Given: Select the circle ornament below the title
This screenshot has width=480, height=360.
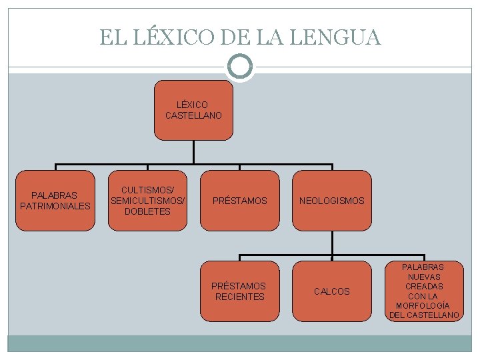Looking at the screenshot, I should coord(240,67).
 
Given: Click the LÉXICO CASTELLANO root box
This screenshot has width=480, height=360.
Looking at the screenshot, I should coord(193,110).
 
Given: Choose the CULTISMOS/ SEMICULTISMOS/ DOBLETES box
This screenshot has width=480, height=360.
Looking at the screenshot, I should coord(147,200).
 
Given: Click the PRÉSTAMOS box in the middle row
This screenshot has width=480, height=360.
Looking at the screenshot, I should coord(239,200).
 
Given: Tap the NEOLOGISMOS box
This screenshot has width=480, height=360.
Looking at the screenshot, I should coord(331,200).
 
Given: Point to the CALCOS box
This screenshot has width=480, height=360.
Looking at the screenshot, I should coord(331,291).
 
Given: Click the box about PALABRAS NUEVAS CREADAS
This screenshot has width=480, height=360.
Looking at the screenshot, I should coord(424,291).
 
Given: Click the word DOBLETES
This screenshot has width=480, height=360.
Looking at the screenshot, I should coord(147,211).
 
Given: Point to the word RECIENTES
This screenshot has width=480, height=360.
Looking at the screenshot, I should coord(239,297).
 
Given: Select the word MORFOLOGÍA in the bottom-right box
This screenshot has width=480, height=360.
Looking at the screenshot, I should coord(424,305).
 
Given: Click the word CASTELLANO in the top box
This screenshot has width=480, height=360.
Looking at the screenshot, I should coord(193,115).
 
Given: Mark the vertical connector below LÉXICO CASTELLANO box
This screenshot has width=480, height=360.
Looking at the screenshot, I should coord(193,152).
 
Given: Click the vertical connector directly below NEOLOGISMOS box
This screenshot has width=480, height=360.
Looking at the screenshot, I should coord(331,243).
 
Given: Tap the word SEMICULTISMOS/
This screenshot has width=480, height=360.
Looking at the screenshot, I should coord(147,201).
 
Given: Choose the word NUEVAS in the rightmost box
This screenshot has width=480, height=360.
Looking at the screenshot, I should coord(424,277).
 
